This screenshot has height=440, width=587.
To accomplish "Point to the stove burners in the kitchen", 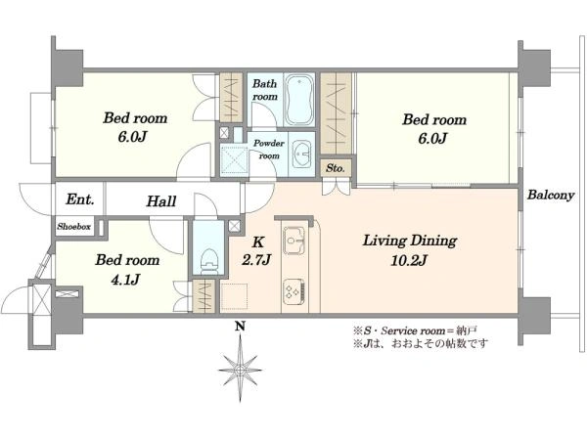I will click(294, 289).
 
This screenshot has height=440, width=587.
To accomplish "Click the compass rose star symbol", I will click(240, 371).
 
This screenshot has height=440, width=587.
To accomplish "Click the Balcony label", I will click(550, 195).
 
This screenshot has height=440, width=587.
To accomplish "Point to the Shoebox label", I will click(74, 226).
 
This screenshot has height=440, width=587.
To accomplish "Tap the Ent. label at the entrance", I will click(80, 199).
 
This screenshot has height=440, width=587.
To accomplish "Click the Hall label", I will click(161, 201).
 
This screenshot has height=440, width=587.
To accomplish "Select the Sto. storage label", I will click(335, 167).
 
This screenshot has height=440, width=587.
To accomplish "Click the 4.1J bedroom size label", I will click(126, 280).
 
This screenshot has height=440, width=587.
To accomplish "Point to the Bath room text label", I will click(265, 91).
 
